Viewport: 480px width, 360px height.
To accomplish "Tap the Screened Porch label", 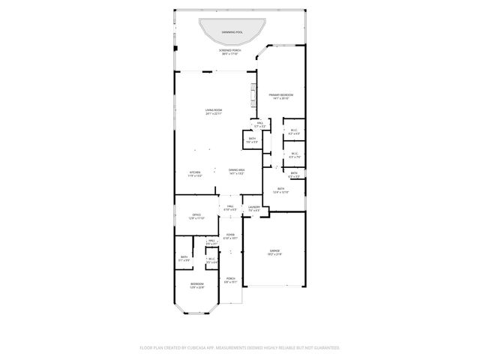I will [229, 49].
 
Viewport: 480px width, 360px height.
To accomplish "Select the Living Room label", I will [214, 110].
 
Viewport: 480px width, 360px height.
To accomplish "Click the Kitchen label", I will [195, 172].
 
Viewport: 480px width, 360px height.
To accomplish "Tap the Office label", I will [196, 215].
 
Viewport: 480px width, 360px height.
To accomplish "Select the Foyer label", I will [230, 235].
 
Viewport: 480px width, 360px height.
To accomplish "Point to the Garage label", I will [274, 250].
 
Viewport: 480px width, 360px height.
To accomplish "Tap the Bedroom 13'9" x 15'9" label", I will [196, 286].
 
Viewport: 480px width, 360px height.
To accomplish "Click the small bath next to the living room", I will [252, 139].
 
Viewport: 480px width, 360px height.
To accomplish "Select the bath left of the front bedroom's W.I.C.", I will [184, 258].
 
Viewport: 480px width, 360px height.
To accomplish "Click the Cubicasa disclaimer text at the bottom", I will [240, 348].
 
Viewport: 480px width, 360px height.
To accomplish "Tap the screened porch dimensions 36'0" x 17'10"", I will [229, 53].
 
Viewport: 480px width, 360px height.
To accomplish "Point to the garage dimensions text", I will [274, 254].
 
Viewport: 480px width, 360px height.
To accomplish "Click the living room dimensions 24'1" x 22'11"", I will [214, 114].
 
